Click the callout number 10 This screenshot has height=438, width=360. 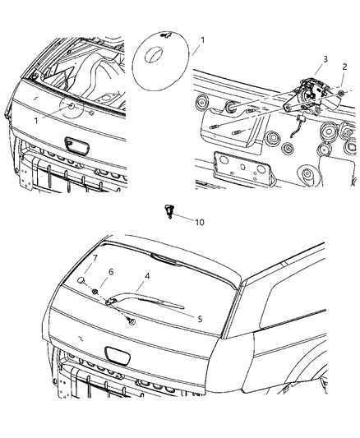tap(200, 222)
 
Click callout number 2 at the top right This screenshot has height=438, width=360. tap(345, 67)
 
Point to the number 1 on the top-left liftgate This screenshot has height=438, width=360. tap(36, 120)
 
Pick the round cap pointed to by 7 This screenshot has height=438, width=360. tap(83, 282)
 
